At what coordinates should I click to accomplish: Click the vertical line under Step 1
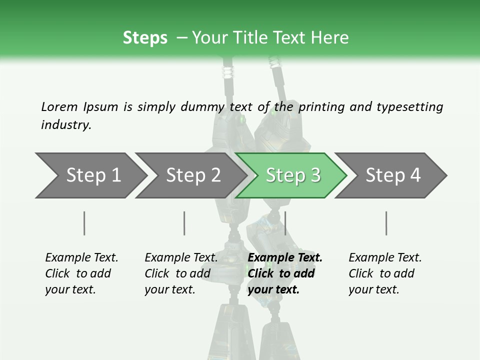pyautogui.click(x=84, y=223)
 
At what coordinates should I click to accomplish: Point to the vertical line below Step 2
pyautogui.click(x=184, y=223)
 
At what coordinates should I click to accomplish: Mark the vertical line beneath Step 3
pyautogui.click(x=285, y=223)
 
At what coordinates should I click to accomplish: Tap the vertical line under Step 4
pyautogui.click(x=386, y=223)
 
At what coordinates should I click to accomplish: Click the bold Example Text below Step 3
pyautogui.click(x=285, y=273)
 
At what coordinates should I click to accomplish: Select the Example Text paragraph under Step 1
pyautogui.click(x=81, y=273)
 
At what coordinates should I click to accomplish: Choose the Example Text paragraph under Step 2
pyautogui.click(x=181, y=273)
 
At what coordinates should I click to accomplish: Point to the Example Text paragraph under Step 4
pyautogui.click(x=385, y=273)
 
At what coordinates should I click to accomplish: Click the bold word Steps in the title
pyautogui.click(x=145, y=38)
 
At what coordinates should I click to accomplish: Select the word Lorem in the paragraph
pyautogui.click(x=59, y=106)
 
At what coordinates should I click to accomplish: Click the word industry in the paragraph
pyautogui.click(x=66, y=125)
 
